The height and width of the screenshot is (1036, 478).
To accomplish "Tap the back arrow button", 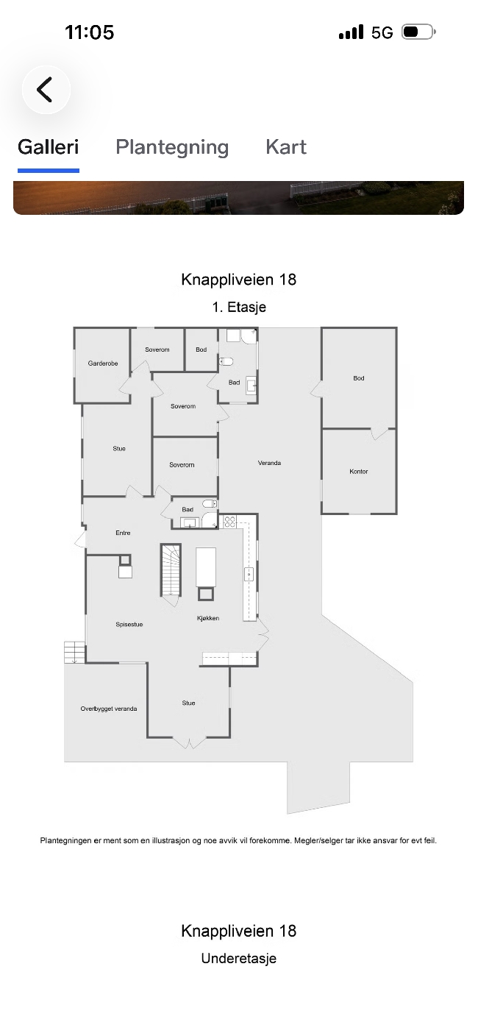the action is tap(46, 90).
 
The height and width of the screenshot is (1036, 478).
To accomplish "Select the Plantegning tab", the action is tap(172, 147).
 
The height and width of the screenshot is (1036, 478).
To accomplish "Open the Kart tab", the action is tap(285, 147).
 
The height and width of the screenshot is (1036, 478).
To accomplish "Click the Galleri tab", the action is tap(48, 147).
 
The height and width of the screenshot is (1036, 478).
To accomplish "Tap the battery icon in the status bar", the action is tap(418, 32).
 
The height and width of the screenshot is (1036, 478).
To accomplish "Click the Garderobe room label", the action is tap(103, 363).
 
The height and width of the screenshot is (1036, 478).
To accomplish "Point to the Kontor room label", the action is tap(359, 472).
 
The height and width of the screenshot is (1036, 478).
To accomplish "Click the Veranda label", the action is tap(269, 463).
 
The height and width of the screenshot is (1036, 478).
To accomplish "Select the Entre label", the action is tap(123, 533).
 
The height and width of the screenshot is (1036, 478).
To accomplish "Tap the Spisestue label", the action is tap(129, 625).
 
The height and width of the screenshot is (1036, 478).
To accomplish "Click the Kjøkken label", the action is tap(208, 618).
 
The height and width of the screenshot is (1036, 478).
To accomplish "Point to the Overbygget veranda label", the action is tap(109, 709).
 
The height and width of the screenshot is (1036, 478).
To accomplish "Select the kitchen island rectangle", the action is tap(206, 567).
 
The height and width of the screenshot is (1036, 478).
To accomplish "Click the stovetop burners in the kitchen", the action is tap(229, 522).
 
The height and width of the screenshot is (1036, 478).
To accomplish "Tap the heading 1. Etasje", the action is tap(239, 307).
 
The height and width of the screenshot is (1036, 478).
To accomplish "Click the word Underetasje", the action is tap(238, 958).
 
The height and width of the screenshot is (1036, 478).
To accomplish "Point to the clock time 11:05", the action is tap(89, 32).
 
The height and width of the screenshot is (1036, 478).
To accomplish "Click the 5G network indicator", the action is tap(382, 32).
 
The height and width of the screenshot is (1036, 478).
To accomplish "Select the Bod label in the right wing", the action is tap(359, 378).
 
